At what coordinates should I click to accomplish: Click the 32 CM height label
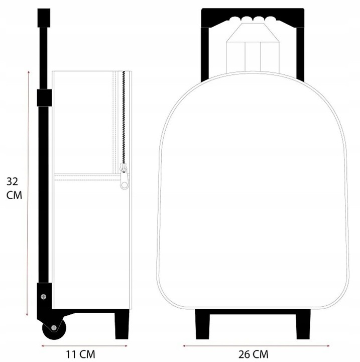click(14, 188)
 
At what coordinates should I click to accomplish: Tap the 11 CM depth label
click(80, 354)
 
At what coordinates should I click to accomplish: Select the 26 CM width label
click(253, 354)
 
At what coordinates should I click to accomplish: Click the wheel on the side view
click(54, 328)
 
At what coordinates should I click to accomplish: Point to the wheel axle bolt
click(54, 327)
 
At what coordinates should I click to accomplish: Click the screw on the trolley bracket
click(43, 297)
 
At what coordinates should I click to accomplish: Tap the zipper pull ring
click(125, 185)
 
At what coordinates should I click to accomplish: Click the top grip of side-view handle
click(44, 18)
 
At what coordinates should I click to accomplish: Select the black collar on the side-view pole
click(44, 98)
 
